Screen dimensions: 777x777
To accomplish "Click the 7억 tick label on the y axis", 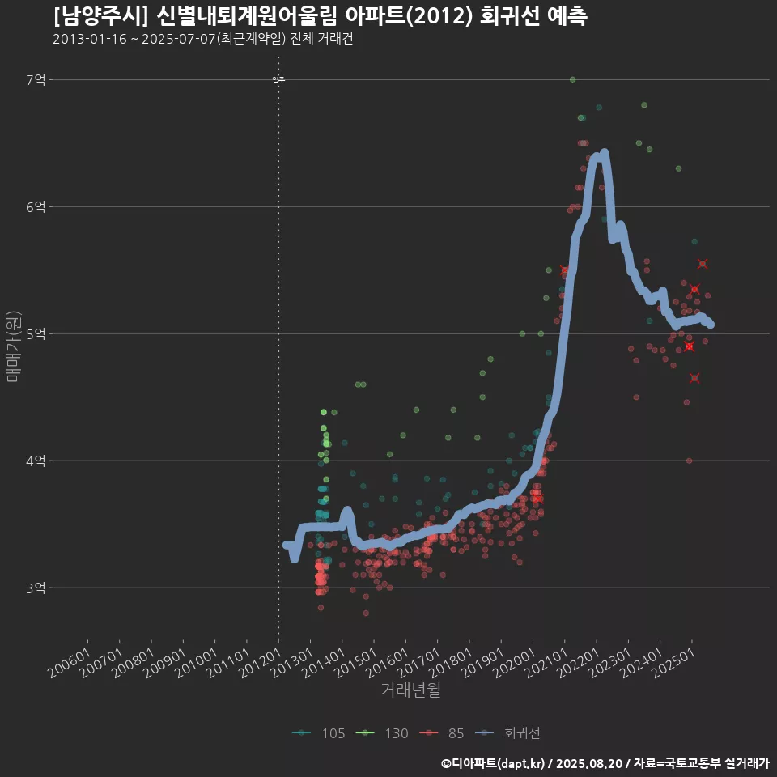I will [x=36, y=79].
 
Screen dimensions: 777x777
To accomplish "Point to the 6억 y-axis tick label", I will [x=36, y=206].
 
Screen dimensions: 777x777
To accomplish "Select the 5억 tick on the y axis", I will [x=36, y=333].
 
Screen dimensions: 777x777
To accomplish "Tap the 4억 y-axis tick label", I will [x=36, y=461].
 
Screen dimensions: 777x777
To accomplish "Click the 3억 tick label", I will [x=36, y=588].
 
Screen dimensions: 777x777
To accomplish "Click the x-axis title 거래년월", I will [x=410, y=690].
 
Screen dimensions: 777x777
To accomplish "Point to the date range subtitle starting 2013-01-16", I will [x=202, y=39].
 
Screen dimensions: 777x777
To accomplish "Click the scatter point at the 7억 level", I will [x=572, y=79].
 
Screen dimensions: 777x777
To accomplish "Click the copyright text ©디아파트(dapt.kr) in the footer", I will [x=494, y=763].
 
